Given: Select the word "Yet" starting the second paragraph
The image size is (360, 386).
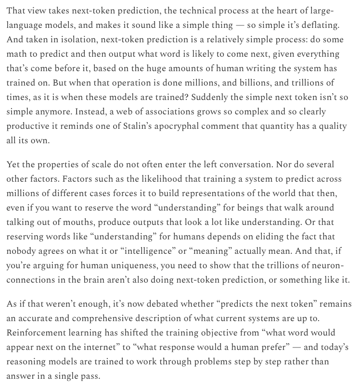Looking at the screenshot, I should (14, 165).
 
